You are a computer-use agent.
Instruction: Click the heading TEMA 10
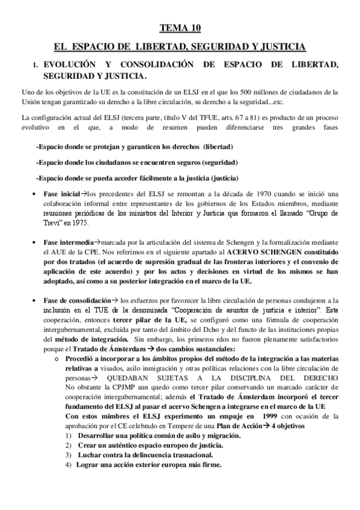click(x=180, y=28)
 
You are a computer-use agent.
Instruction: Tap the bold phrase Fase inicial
click(x=62, y=193)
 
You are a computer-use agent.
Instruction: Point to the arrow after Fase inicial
click(x=84, y=193)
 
